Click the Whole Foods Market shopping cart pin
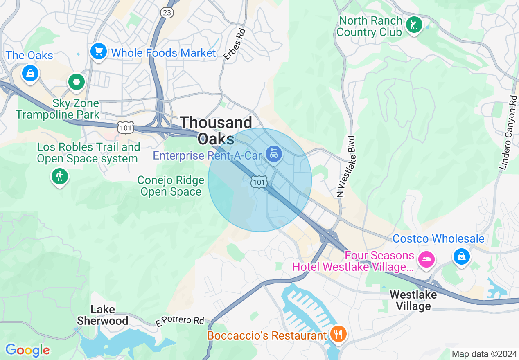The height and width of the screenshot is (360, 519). [99, 52]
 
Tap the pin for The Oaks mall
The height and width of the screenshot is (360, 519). [30, 73]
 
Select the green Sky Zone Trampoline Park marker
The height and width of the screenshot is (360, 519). [76, 82]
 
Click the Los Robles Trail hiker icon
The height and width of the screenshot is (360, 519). [60, 176]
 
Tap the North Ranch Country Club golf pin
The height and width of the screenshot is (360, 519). [414, 25]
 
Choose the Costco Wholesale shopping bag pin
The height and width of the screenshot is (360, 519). [461, 256]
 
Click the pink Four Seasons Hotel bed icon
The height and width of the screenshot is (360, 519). [426, 259]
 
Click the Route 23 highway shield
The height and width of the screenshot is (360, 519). [167, 13]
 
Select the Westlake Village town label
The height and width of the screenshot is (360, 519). [413, 300]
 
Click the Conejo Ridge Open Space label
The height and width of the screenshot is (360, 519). [171, 186]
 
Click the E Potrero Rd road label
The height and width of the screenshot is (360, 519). [180, 321]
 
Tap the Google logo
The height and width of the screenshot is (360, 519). [27, 350]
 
